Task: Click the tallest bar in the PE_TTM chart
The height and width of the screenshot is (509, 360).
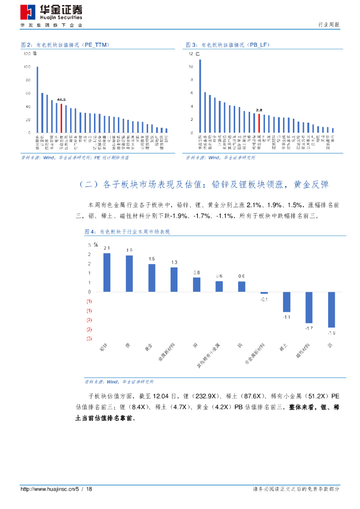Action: coord(37,99)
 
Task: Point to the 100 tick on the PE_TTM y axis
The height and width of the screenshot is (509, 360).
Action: coord(27,67)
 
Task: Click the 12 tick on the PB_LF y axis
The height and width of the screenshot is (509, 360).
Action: coord(190,54)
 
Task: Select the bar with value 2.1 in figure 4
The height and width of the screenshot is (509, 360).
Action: coord(107,272)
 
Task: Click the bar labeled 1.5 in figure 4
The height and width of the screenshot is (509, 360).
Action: coord(152,278)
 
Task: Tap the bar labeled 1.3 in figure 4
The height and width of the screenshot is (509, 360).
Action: coord(174,280)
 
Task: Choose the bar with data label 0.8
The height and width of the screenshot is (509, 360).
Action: coord(196,285)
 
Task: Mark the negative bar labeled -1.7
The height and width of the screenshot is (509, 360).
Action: coord(309,308)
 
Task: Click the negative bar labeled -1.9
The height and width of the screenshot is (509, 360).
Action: coord(331,309)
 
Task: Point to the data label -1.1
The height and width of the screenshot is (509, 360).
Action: coord(286,317)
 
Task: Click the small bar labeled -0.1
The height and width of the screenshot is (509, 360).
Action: coord(264,293)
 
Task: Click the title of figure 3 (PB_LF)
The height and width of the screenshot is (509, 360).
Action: coord(221,45)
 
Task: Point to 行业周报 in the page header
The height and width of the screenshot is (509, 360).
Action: coord(329,25)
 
